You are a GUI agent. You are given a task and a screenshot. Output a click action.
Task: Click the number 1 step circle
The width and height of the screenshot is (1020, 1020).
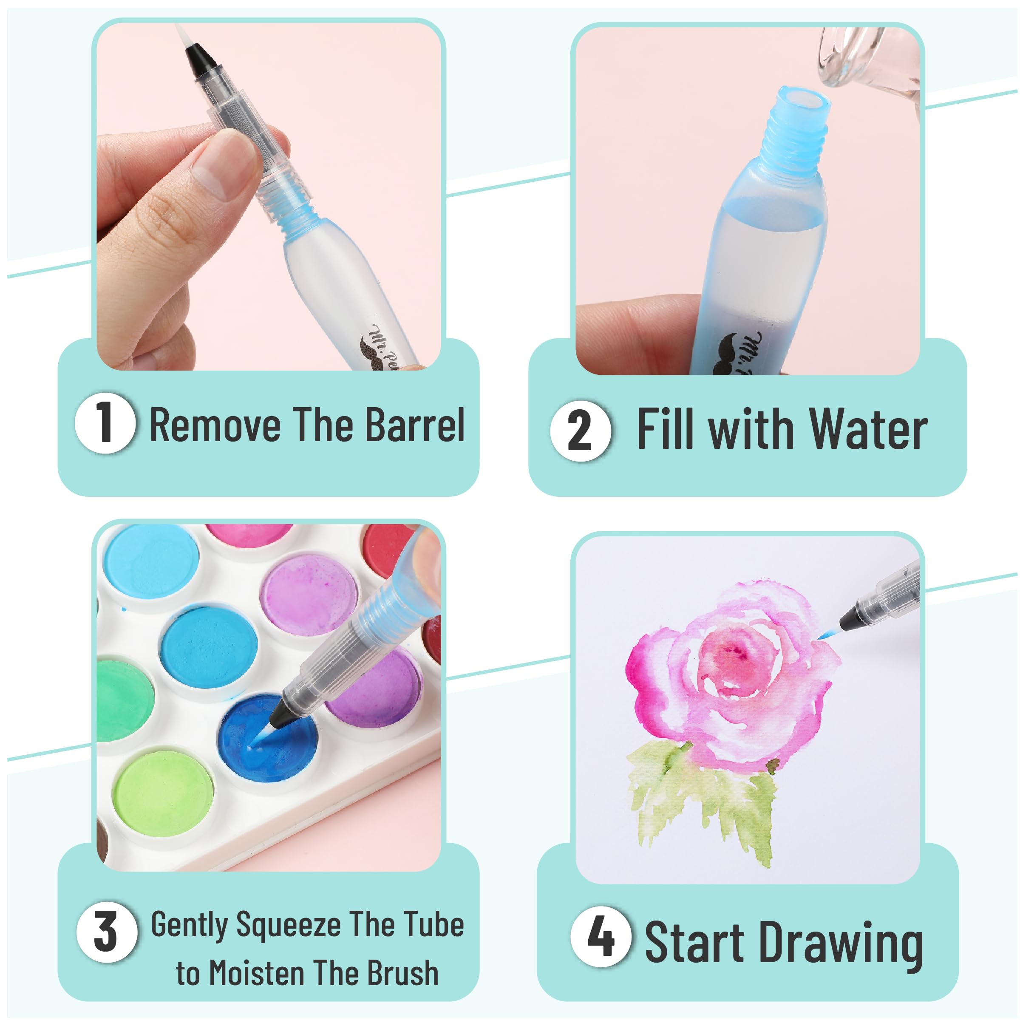click(x=105, y=423)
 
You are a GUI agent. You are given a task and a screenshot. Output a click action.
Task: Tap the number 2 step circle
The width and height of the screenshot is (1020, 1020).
click(x=580, y=431)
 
